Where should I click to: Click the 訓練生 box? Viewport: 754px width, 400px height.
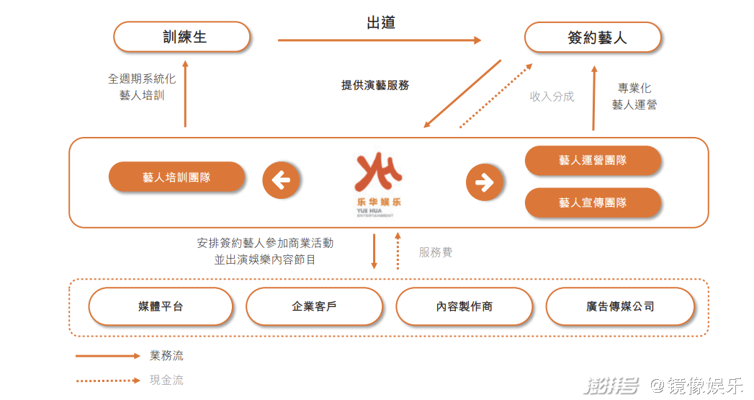pyautogui.click(x=182, y=37)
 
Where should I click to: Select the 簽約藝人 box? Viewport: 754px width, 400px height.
pyautogui.click(x=593, y=37)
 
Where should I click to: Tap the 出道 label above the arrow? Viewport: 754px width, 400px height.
pyautogui.click(x=381, y=22)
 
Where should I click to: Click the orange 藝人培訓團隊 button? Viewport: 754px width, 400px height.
pyautogui.click(x=177, y=177)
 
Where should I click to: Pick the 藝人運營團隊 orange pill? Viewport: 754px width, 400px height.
pyautogui.click(x=593, y=160)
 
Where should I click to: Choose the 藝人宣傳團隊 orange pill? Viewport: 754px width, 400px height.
pyautogui.click(x=593, y=203)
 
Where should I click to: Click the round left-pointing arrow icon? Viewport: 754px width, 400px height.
pyautogui.click(x=282, y=180)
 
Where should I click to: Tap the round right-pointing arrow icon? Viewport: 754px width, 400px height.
pyautogui.click(x=485, y=182)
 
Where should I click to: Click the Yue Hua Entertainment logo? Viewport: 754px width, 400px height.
pyautogui.click(x=379, y=185)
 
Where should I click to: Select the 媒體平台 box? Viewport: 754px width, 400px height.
pyautogui.click(x=161, y=306)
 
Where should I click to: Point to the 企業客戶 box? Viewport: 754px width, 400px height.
pyautogui.click(x=315, y=306)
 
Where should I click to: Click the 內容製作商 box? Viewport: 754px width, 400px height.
pyautogui.click(x=464, y=306)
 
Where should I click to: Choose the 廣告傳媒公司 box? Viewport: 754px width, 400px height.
pyautogui.click(x=620, y=306)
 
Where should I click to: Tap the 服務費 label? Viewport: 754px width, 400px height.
pyautogui.click(x=436, y=252)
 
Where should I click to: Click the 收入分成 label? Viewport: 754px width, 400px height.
pyautogui.click(x=552, y=97)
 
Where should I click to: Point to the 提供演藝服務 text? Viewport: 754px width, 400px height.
pyautogui.click(x=375, y=85)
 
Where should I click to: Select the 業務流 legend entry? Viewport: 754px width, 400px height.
pyautogui.click(x=130, y=356)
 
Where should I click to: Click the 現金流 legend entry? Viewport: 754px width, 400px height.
pyautogui.click(x=130, y=381)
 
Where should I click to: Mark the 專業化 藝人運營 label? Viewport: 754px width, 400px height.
pyautogui.click(x=634, y=97)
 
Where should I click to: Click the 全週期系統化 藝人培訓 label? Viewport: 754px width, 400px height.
pyautogui.click(x=142, y=87)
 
